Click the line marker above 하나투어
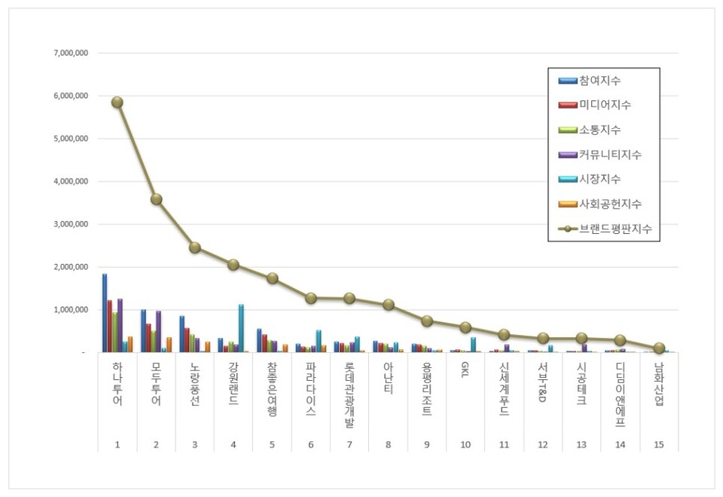click(x=117, y=102)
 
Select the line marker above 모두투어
click(x=156, y=199)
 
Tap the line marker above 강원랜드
click(x=233, y=265)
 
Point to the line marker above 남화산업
click(x=659, y=348)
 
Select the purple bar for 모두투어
click(x=158, y=332)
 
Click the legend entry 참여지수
click(x=599, y=80)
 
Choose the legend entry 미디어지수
click(x=605, y=105)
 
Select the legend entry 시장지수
click(x=599, y=179)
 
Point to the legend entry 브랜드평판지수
click(x=615, y=228)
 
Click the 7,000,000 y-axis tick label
click(x=72, y=54)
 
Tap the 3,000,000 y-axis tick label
click(x=72, y=225)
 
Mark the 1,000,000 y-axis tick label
click(x=72, y=310)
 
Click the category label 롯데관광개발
click(x=349, y=395)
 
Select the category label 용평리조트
click(x=427, y=391)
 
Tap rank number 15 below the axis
click(x=659, y=445)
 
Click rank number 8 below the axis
click(x=388, y=445)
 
